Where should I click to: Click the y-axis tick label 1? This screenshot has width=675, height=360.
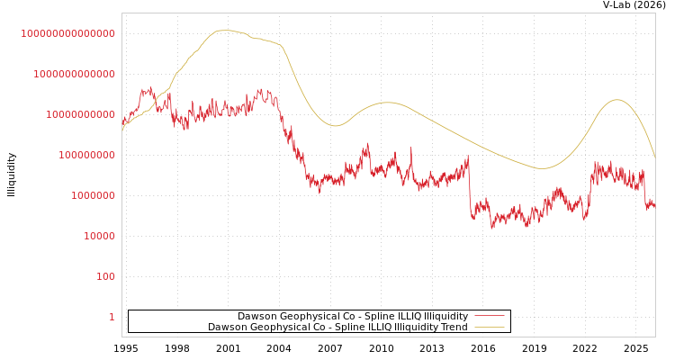click(112, 317)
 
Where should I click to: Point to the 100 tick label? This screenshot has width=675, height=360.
click(105, 276)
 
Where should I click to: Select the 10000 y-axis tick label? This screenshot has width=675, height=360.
click(99, 236)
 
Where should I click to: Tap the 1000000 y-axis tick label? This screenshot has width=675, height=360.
click(93, 195)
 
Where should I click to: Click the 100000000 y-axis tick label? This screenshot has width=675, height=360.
click(86, 155)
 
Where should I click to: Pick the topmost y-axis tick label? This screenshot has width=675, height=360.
click(67, 33)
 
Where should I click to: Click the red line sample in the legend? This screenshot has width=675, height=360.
click(489, 317)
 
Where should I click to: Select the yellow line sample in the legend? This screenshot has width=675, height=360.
click(489, 328)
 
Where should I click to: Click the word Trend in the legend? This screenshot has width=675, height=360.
click(453, 328)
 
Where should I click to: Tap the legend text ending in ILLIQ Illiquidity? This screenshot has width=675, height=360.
click(352, 317)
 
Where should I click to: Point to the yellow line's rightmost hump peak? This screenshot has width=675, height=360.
click(616, 100)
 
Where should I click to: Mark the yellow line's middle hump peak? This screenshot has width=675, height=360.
click(387, 103)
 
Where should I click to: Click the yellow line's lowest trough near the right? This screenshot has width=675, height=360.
click(543, 168)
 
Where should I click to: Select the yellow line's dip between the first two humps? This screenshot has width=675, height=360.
click(335, 126)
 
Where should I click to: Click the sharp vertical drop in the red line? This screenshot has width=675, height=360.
click(470, 189)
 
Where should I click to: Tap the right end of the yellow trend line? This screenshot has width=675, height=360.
click(654, 157)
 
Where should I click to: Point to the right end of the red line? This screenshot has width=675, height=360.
click(654, 208)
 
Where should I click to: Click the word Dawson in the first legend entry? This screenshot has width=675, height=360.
click(257, 317)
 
